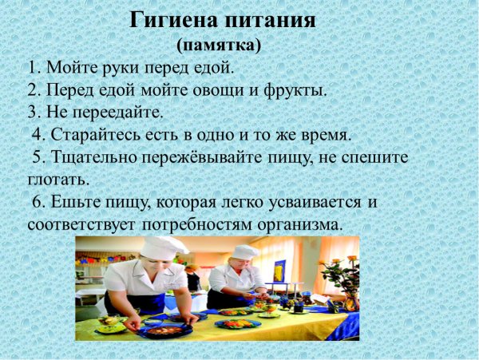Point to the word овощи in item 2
click(x=210, y=89)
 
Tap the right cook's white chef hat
click(x=244, y=252)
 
